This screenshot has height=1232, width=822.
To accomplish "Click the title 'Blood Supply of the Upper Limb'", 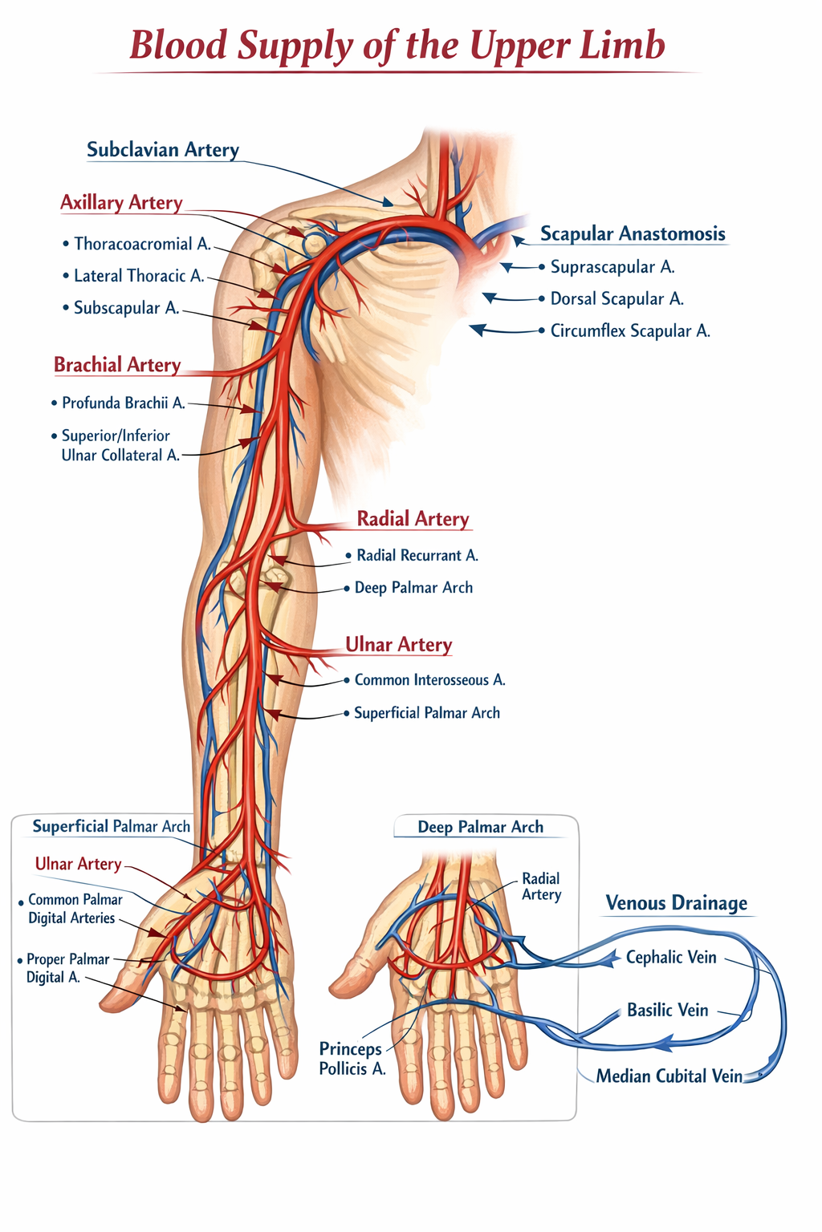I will pyautogui.click(x=397, y=45).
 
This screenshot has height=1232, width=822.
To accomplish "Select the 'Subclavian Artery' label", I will pyautogui.click(x=163, y=150).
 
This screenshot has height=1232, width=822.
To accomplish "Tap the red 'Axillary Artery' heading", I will pyautogui.click(x=121, y=203).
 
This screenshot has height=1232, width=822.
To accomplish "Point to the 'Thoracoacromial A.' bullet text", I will pyautogui.click(x=142, y=244).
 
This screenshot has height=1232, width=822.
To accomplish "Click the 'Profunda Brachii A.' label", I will pyautogui.click(x=123, y=403).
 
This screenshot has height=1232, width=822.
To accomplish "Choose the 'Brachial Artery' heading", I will pyautogui.click(x=117, y=365).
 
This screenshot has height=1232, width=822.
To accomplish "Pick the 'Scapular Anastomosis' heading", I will pyautogui.click(x=633, y=234).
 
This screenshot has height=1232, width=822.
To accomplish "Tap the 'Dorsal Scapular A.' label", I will pyautogui.click(x=616, y=299).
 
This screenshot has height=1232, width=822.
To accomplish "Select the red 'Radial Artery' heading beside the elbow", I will pyautogui.click(x=413, y=519).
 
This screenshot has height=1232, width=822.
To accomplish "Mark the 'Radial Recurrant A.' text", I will pyautogui.click(x=417, y=556).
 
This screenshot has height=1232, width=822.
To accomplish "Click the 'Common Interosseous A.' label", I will pyautogui.click(x=429, y=680).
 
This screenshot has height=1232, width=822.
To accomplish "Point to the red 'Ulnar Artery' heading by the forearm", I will pyautogui.click(x=398, y=645).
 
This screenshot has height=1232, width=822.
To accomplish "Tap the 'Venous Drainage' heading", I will pyautogui.click(x=676, y=903).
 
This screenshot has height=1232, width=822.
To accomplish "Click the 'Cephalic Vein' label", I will pyautogui.click(x=671, y=958).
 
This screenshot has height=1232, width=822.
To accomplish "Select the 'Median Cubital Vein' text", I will pyautogui.click(x=669, y=1076).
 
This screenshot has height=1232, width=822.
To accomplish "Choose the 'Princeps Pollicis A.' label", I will pyautogui.click(x=352, y=1059).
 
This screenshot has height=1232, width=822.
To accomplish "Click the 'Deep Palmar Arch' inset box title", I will pyautogui.click(x=480, y=827).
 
